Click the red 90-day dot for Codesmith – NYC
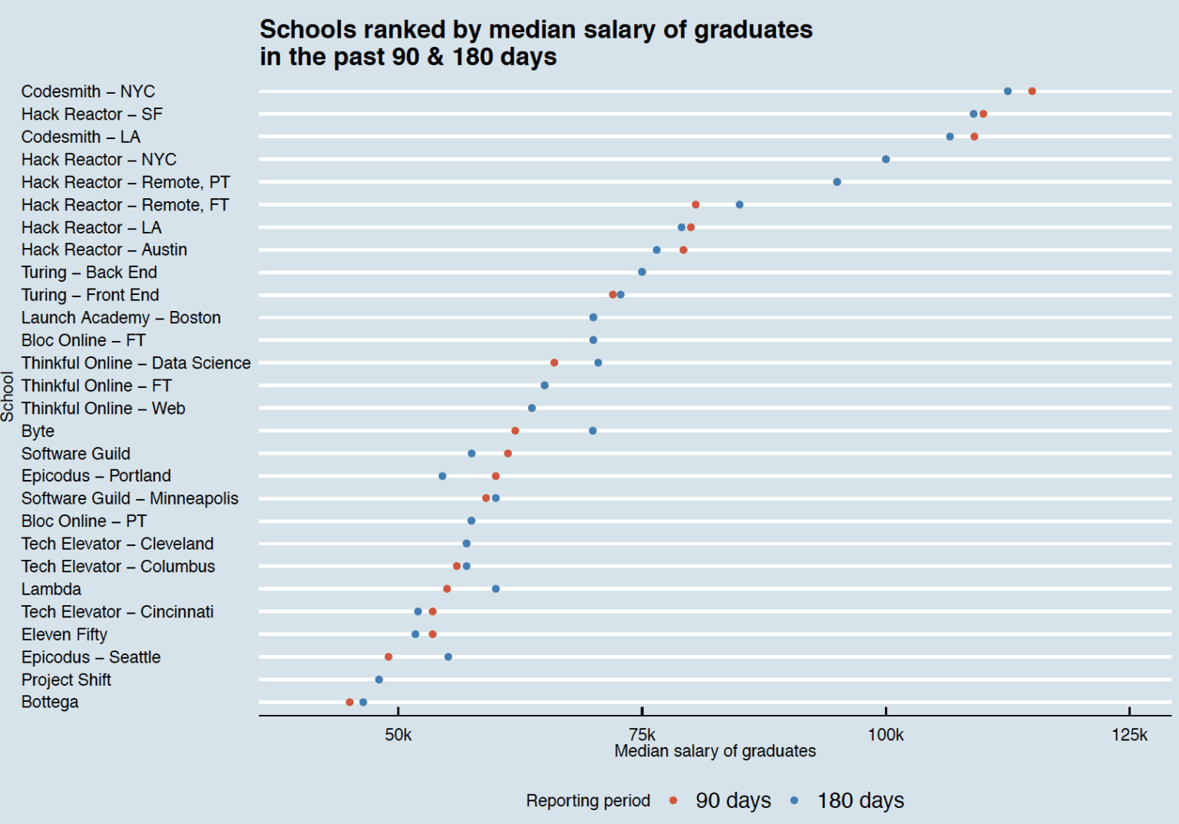[1032, 91]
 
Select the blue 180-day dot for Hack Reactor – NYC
[886, 159]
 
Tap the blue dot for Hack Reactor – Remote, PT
[837, 182]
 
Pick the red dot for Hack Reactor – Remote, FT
[695, 204]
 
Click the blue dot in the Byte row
[593, 431]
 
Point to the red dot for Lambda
[447, 589]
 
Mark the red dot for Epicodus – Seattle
[388, 657]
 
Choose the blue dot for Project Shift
[379, 679]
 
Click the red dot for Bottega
[349, 702]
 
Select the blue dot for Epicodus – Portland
[442, 476]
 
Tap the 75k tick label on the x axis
[642, 734]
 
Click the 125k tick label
[1130, 734]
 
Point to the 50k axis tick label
[398, 734]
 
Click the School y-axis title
[8, 396]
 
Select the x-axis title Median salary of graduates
[715, 751]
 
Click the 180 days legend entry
[847, 800]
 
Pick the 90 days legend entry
[720, 800]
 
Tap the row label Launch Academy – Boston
[121, 317]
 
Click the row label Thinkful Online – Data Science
[136, 362]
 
